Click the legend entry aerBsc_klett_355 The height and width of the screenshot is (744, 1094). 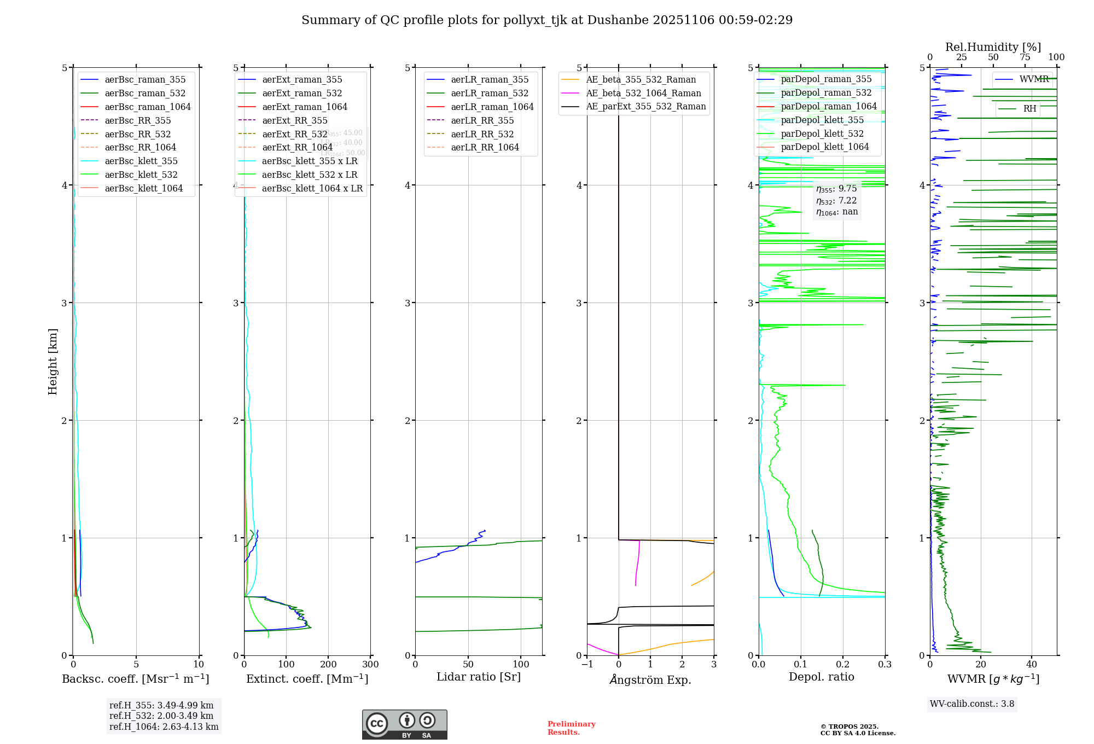pos(141,161)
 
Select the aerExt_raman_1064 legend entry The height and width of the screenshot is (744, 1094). pos(304,107)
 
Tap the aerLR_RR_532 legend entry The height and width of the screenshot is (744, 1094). pos(482,135)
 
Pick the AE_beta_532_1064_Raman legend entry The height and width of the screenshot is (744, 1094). pos(643,94)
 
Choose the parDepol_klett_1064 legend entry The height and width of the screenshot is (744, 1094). pos(824,147)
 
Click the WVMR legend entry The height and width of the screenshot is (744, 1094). pos(1033,80)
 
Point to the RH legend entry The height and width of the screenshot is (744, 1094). pos(1029,109)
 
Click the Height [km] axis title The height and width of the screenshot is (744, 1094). pos(53,362)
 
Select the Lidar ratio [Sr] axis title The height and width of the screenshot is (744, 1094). pos(479,677)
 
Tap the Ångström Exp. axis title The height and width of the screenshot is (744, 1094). pos(650,680)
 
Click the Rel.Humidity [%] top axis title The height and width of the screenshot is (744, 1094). pos(993,48)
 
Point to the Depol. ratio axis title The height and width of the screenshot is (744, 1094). pos(821,677)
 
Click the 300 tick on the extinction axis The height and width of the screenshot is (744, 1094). pos(370,665)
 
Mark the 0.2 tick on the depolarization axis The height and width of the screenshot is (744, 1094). pos(843,665)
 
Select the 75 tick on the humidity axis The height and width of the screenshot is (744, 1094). pos(1025,57)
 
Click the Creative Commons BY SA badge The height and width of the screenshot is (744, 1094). pos(404,725)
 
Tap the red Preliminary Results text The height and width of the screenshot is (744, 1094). pos(571,728)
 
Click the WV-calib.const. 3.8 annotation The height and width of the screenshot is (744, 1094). pos(971,704)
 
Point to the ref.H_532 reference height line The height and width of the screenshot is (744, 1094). pos(161,716)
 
